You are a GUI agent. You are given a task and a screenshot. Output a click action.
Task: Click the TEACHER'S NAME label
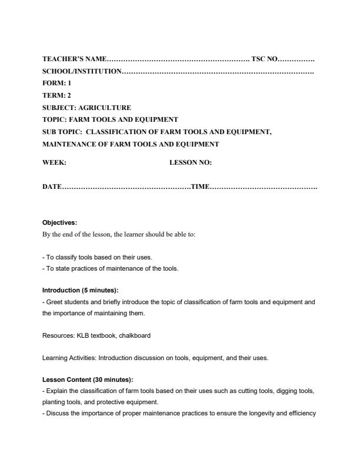pyautogui.click(x=75, y=59)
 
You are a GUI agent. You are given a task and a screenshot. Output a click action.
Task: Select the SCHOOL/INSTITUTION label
pyautogui.click(x=82, y=71)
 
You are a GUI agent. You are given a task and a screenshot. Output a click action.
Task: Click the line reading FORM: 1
pyautogui.click(x=56, y=84)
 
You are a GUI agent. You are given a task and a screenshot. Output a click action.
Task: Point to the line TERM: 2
pyautogui.click(x=57, y=95)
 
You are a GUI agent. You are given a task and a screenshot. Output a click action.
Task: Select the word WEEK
pyautogui.click(x=54, y=162)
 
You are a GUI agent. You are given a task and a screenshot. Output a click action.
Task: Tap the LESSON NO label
pyautogui.click(x=191, y=162)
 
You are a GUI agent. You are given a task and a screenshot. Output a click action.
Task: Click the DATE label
pyautogui.click(x=52, y=187)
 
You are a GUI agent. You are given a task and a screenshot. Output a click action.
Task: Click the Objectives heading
pyautogui.click(x=59, y=222)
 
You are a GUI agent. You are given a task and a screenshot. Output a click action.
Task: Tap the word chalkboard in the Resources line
pyautogui.click(x=135, y=335)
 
